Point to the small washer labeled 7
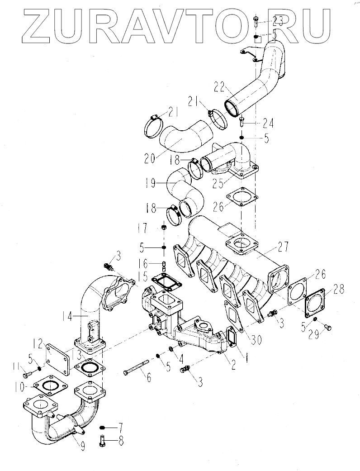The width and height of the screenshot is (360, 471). click(103, 427)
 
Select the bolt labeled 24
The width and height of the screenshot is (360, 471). click(242, 121)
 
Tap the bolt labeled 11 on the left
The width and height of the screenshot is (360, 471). click(28, 374)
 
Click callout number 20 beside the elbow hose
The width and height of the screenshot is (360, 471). click(149, 158)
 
